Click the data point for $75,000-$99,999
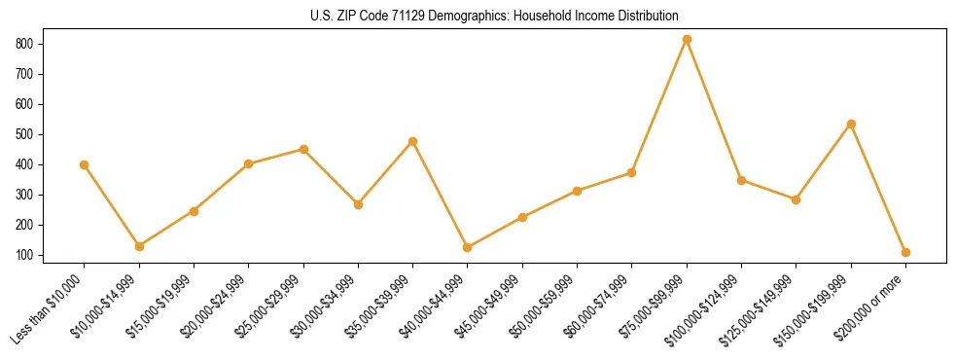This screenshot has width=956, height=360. pyautogui.click(x=687, y=39)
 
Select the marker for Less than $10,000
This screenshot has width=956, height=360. pyautogui.click(x=85, y=164)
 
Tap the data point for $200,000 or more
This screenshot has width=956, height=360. pyautogui.click(x=905, y=252)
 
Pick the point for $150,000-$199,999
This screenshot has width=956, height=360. pyautogui.click(x=851, y=124)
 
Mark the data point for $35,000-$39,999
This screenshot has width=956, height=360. pyautogui.click(x=412, y=141)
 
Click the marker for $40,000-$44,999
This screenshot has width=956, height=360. pyautogui.click(x=468, y=247)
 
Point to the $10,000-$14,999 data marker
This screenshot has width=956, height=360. pyautogui.click(x=139, y=246)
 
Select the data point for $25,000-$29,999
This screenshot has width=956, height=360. pyautogui.click(x=303, y=149)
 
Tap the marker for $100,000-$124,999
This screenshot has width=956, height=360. pyautogui.click(x=741, y=180)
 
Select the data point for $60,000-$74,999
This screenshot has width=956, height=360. pyautogui.click(x=631, y=172)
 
